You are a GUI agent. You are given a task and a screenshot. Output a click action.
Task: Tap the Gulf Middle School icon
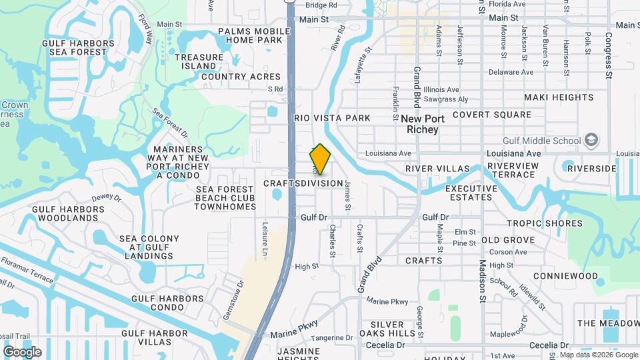coord(591,140)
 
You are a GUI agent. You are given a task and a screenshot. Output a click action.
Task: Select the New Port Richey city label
coord(421,124)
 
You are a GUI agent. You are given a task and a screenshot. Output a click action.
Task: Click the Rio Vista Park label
coord(332,118)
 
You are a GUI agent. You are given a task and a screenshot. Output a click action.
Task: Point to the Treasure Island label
coord(199,61)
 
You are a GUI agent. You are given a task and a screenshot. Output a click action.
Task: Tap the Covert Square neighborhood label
coord(492,115)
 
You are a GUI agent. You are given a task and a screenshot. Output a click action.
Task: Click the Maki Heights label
coord(559,97)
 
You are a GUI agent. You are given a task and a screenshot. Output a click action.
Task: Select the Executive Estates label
coord(472,193)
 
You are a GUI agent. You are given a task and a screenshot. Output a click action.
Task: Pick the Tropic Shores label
coord(545,223)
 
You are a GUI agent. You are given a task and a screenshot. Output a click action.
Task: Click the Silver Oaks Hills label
coord(389,329)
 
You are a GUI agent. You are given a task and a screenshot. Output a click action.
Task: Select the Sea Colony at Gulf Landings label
coord(149,247)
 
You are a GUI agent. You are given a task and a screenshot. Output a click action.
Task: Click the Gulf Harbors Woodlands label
coord(69,213)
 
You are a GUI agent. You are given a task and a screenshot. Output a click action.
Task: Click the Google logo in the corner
coord(22,351)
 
